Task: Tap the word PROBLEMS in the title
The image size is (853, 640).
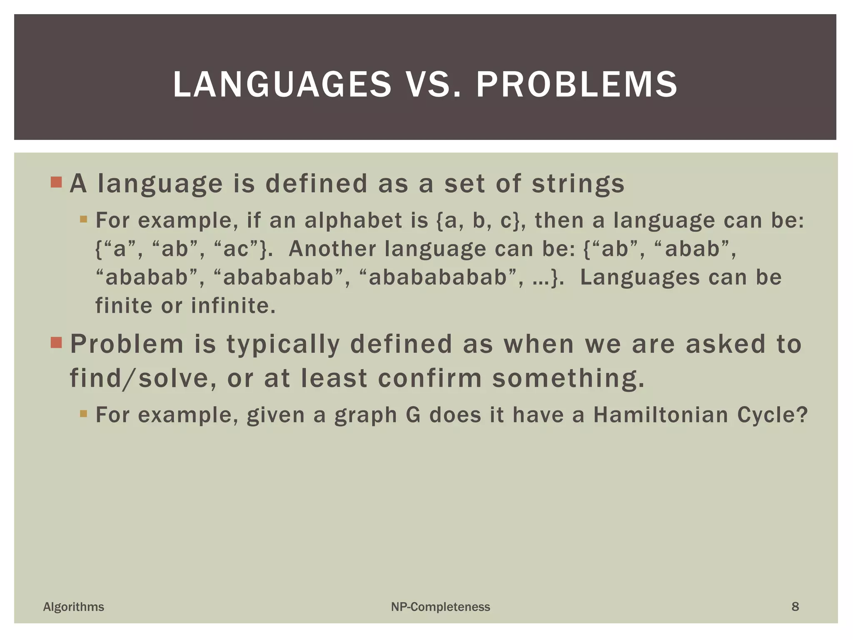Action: pyautogui.click(x=576, y=85)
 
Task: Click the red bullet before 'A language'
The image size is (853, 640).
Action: pyautogui.click(x=56, y=182)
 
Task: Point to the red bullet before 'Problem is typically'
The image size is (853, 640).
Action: pyautogui.click(x=56, y=343)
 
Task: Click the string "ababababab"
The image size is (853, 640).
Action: pyautogui.click(x=437, y=277)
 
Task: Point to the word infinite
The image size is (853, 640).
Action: pyautogui.click(x=233, y=306)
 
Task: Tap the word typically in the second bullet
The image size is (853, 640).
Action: pyautogui.click(x=283, y=345)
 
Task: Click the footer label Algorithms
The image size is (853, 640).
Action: pyautogui.click(x=74, y=607)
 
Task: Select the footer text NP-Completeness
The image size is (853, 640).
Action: pyautogui.click(x=440, y=607)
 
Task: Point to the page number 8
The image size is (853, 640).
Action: pyautogui.click(x=795, y=607)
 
